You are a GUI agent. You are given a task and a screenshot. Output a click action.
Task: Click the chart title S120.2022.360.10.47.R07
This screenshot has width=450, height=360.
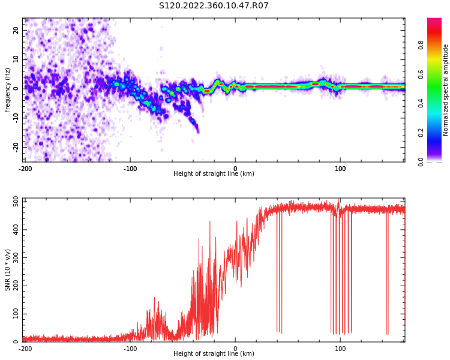pyautogui.click(x=214, y=6)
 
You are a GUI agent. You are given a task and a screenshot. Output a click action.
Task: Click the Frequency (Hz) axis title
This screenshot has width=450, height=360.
pyautogui.click(x=8, y=90)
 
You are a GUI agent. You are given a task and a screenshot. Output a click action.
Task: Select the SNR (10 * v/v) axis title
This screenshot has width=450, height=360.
pyautogui.click(x=8, y=270)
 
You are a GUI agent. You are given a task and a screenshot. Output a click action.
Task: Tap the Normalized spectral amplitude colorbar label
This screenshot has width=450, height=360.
pyautogui.click(x=446, y=90)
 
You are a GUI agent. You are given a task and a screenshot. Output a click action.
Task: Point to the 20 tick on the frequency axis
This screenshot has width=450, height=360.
pyautogui.click(x=16, y=30)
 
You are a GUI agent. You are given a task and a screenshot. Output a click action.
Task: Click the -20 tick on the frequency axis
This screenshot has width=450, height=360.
pyautogui.click(x=14, y=146)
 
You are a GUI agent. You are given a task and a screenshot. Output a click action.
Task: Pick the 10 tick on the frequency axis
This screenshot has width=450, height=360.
pyautogui.click(x=16, y=59)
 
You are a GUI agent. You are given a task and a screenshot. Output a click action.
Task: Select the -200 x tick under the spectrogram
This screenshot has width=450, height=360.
pyautogui.click(x=25, y=169)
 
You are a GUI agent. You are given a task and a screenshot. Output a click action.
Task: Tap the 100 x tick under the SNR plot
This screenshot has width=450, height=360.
pyautogui.click(x=340, y=349)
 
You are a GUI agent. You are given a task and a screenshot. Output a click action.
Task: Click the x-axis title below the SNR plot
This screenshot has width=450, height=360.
pyautogui.click(x=214, y=354)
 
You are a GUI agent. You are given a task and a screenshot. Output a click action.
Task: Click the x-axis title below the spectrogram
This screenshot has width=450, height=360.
pyautogui.click(x=214, y=174)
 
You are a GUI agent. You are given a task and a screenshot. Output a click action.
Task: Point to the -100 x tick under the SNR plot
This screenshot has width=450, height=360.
pyautogui.click(x=130, y=349)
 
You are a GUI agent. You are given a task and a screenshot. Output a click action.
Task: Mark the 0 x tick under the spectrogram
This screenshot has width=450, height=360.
pyautogui.click(x=235, y=169)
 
